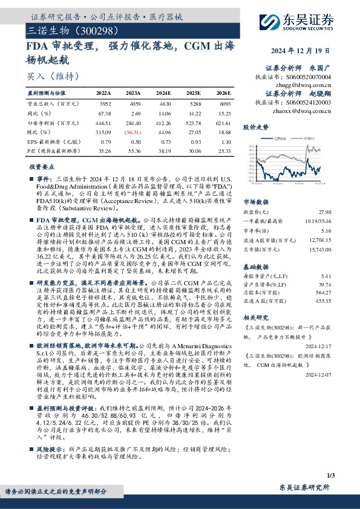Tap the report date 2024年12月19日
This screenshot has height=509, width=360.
306,51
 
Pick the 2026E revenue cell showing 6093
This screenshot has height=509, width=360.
223,103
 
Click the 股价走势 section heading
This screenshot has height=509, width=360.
255,128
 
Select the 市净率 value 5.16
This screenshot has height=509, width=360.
326,230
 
